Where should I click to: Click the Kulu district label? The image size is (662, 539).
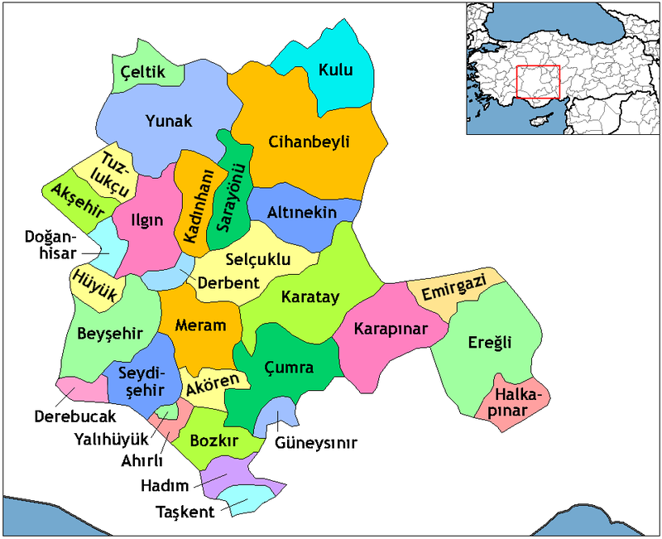(335, 70)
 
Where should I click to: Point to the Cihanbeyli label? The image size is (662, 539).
(309, 142)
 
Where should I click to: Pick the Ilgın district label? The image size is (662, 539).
(147, 221)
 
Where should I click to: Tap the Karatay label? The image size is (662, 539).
(309, 297)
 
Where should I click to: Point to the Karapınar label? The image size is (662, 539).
(390, 329)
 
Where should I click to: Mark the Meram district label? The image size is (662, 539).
(201, 325)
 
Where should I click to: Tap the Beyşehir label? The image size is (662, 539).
(110, 334)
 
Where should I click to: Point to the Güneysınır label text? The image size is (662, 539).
(316, 443)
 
